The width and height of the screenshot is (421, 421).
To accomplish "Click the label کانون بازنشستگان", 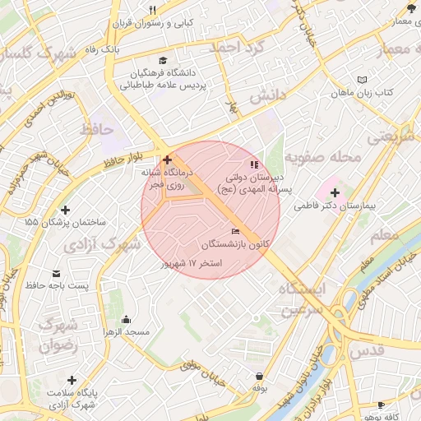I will coord(235,245).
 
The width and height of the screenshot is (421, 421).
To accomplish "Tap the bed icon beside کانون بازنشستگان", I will coord(236,232).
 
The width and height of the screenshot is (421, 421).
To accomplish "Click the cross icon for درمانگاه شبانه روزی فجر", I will coord(168,159).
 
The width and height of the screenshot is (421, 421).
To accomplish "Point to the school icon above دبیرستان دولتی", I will coord(253,164).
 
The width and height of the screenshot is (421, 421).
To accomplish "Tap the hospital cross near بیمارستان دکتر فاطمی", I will coord(335,192).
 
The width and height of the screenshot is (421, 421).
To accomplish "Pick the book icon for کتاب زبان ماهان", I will coord(363,80).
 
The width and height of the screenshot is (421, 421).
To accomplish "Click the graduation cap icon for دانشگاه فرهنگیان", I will coord(163,61).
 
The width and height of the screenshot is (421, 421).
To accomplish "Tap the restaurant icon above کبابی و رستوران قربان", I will coord(152,10).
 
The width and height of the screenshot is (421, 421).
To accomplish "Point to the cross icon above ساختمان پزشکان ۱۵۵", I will coord(66,209).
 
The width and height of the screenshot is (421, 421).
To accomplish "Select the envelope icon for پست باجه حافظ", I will coord(56,273).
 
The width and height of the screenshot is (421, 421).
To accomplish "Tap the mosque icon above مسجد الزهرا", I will coord(126,320).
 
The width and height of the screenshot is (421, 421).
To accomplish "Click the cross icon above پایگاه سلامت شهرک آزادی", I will coord(72,380).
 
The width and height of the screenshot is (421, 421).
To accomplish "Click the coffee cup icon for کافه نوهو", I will coord(381,405).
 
